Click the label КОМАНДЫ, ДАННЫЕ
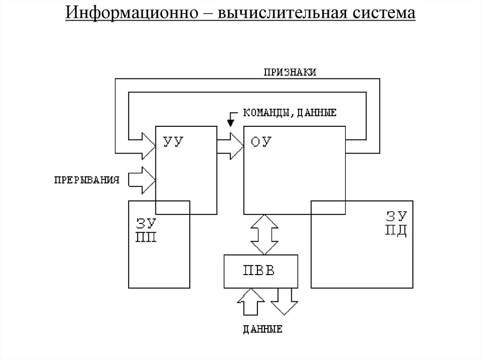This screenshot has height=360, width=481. (x=289, y=113)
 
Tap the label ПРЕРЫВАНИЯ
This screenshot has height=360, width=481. (x=85, y=180)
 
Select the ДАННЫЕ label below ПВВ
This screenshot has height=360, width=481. (x=263, y=329)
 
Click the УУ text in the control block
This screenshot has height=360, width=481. (x=172, y=141)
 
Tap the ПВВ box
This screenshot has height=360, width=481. (x=261, y=271)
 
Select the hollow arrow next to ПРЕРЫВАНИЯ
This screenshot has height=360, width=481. (x=142, y=180)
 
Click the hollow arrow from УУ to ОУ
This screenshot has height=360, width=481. (x=230, y=146)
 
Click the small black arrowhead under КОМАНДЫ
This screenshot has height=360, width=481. (x=230, y=123)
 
